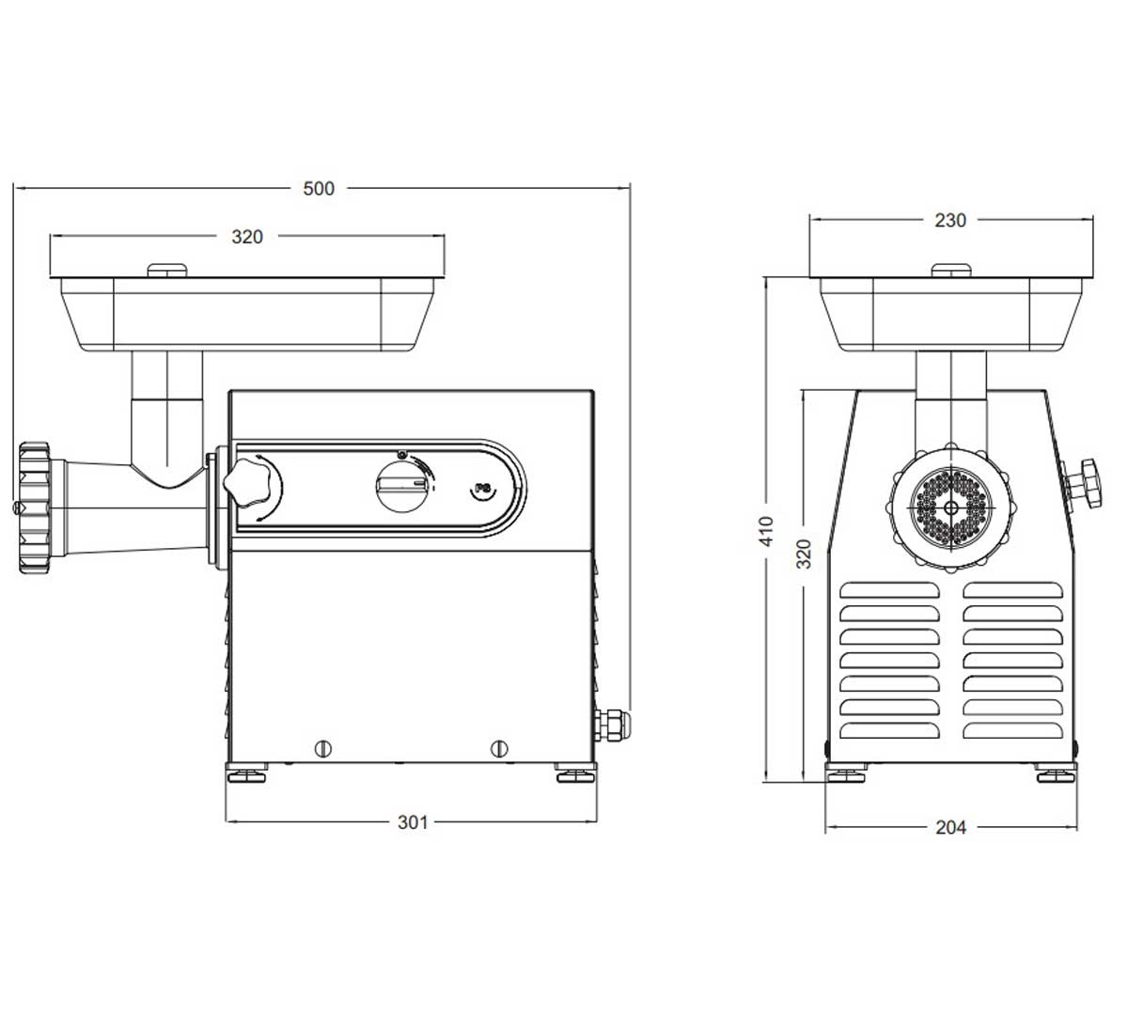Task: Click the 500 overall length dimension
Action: point(319,188)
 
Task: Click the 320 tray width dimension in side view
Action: point(247,237)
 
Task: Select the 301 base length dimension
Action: point(413,822)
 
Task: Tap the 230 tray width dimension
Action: point(950,220)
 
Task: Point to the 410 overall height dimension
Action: point(766,531)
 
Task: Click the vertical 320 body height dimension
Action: point(804,554)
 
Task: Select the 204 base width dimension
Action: point(951,827)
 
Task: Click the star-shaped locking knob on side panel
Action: point(245,482)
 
